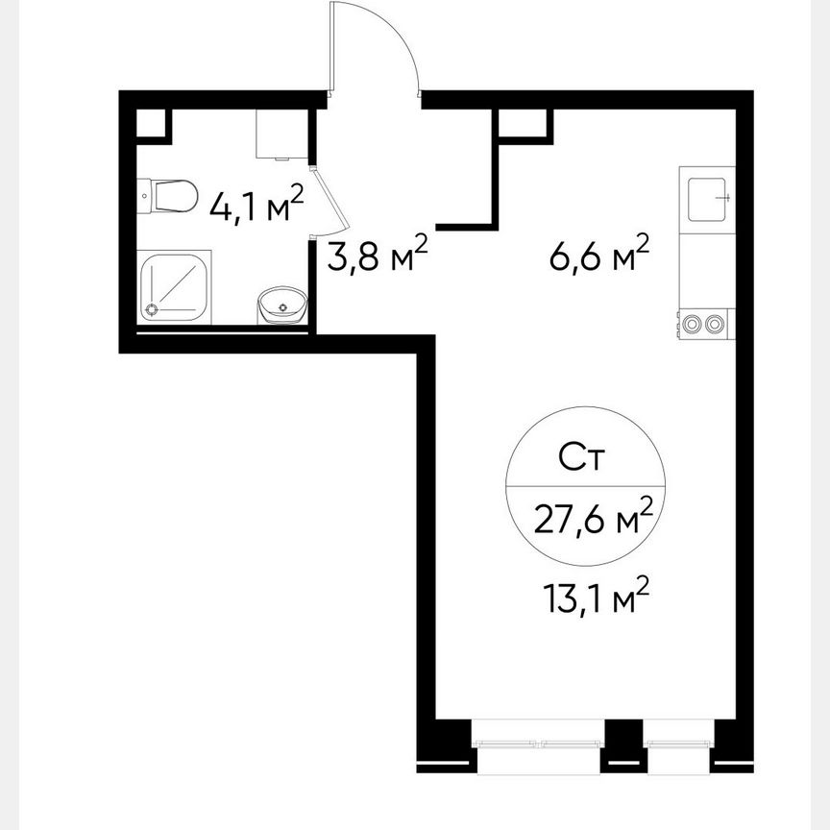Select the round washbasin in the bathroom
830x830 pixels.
coord(282,306)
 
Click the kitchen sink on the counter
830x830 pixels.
coord(707,199)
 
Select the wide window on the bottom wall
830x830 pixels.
coord(539,743)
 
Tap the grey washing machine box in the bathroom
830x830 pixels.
coord(281,134)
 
